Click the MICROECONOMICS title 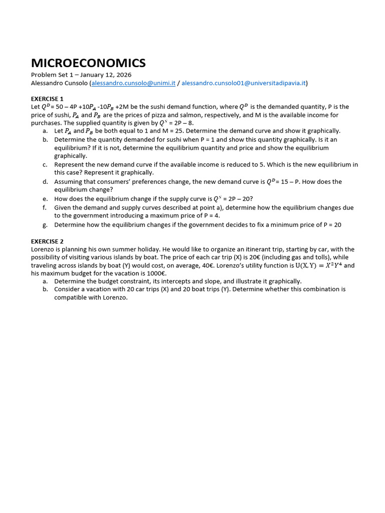[x=88, y=63]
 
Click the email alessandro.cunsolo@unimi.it [x=133, y=83]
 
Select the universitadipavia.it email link [x=244, y=83]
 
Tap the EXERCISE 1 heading [x=47, y=99]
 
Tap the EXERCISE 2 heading [x=47, y=241]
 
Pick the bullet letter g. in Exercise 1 [x=45, y=225]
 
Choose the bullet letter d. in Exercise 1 [x=45, y=182]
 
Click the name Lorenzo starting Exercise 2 [x=42, y=249]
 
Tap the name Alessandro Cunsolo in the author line [x=60, y=83]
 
